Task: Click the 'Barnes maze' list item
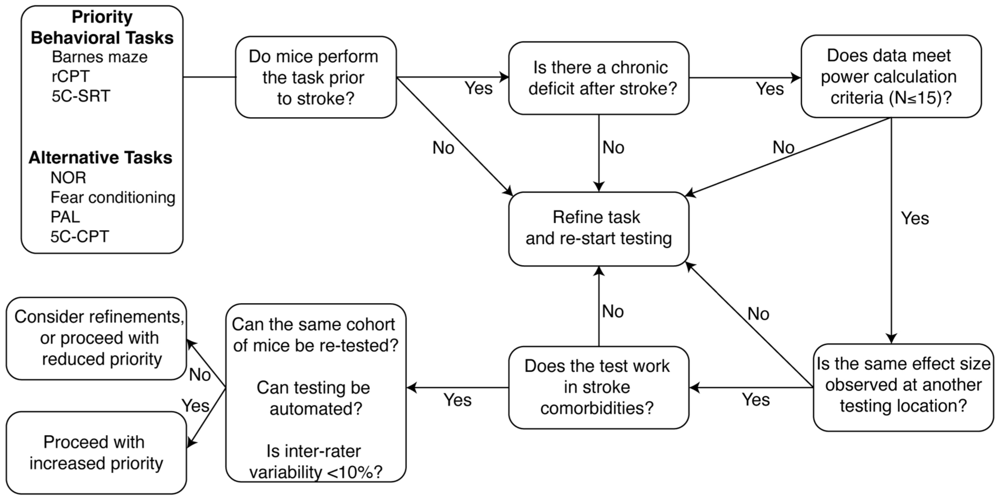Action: tap(99, 57)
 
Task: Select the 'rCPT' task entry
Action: tap(70, 77)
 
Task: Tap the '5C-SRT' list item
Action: tap(81, 96)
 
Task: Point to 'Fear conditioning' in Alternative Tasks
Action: tap(113, 198)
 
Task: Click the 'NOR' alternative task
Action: tap(68, 178)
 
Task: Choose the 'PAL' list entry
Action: tap(65, 217)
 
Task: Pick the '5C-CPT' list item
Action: tap(80, 237)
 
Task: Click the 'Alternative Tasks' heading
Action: tap(100, 157)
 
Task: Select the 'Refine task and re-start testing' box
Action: tap(598, 229)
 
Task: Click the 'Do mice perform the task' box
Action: tap(316, 77)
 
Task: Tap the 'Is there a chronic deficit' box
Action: tap(598, 78)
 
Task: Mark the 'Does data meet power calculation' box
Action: tap(891, 77)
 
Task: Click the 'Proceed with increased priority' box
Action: tap(96, 453)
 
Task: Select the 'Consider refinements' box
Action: tap(96, 339)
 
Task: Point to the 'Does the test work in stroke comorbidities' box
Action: tap(598, 387)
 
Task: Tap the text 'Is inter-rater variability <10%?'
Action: tap(316, 461)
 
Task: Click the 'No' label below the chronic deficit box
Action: tap(613, 147)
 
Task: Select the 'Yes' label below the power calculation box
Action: tap(914, 218)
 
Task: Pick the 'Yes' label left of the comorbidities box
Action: tap(457, 400)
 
